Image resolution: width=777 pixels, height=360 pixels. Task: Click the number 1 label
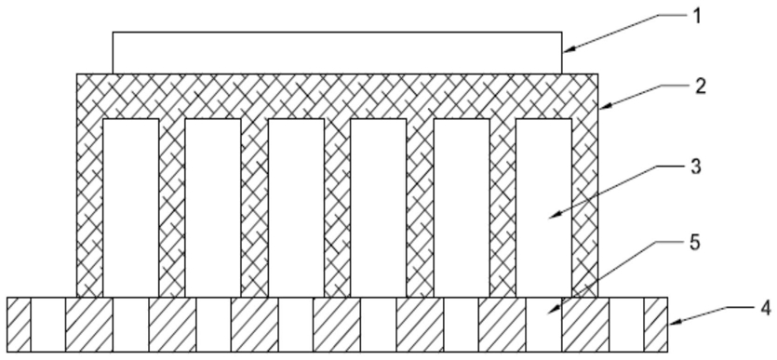click(696, 17)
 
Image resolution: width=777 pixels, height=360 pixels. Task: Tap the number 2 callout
click(700, 87)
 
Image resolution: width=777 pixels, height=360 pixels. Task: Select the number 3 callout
click(696, 167)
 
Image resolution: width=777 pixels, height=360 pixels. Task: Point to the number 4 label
click(766, 308)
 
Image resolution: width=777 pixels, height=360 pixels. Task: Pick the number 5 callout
click(695, 243)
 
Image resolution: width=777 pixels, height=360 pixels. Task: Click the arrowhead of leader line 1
click(568, 48)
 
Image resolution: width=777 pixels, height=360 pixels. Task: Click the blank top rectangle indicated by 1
click(337, 53)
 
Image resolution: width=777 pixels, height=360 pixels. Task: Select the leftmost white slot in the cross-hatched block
click(131, 207)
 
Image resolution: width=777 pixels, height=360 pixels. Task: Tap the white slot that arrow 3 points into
click(543, 207)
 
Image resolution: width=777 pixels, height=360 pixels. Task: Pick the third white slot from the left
click(296, 207)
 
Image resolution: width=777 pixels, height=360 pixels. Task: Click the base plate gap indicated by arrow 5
click(543, 325)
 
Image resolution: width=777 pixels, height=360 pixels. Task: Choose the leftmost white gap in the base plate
click(48, 325)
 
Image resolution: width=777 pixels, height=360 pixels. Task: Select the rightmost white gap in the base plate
click(626, 325)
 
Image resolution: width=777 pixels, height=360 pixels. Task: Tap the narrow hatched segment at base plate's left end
click(19, 325)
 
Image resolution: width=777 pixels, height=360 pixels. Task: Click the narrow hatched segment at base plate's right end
click(656, 325)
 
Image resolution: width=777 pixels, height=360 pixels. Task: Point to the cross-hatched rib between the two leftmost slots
click(172, 207)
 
